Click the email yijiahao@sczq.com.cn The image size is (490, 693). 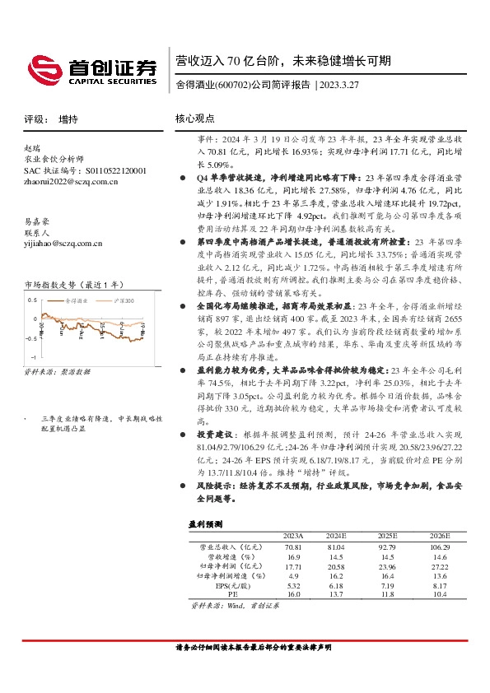pyautogui.click(x=63, y=243)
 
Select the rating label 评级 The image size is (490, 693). pyautogui.click(x=34, y=119)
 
